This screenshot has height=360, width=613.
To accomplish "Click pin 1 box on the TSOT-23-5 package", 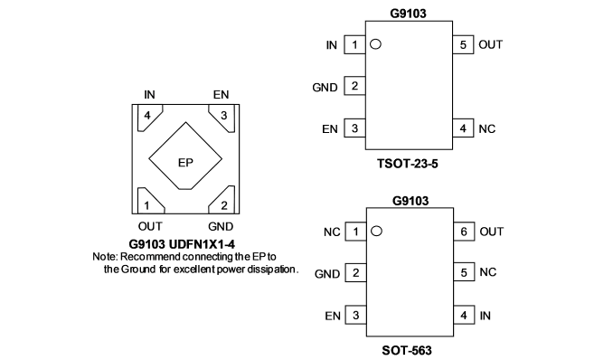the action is [x=354, y=44].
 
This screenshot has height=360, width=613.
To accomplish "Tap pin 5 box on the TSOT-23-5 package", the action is [x=463, y=44].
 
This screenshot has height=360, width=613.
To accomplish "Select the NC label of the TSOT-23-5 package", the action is [x=487, y=128].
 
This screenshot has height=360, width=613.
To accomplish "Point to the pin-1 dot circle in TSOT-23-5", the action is [x=375, y=44].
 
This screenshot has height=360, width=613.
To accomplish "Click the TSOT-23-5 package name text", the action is [x=408, y=164].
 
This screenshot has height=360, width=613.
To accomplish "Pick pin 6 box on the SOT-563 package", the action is [x=464, y=232].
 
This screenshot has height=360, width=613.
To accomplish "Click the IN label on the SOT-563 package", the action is [x=486, y=316].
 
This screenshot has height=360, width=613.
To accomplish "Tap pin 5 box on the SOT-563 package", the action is [x=464, y=272].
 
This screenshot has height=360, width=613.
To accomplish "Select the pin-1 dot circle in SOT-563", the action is [x=376, y=232].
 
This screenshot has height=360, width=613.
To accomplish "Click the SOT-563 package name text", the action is [x=407, y=350].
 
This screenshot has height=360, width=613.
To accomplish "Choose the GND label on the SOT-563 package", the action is [x=327, y=273].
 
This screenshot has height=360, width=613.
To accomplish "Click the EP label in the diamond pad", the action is [x=185, y=163].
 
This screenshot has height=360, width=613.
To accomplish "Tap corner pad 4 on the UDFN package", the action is [x=149, y=117].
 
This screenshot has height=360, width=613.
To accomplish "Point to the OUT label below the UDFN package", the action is [x=150, y=226].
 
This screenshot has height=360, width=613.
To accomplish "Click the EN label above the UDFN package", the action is [x=221, y=95].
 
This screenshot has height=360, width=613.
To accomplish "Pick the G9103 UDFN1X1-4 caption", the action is [x=182, y=244].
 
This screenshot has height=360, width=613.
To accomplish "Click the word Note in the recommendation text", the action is [x=105, y=257].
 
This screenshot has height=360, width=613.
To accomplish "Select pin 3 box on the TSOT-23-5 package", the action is [x=354, y=128].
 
